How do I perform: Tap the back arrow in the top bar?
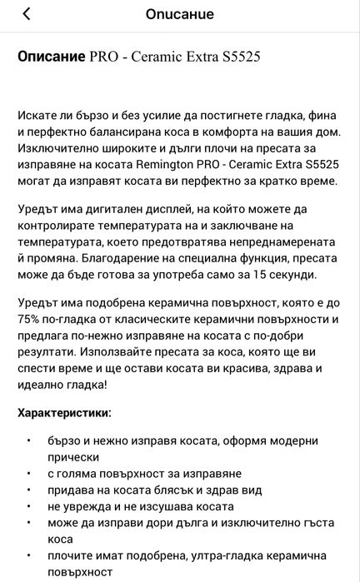[x=27, y=14]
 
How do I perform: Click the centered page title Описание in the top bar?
[x=179, y=14]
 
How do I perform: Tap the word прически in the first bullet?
[x=72, y=456]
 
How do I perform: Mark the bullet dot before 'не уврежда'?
[x=28, y=506]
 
